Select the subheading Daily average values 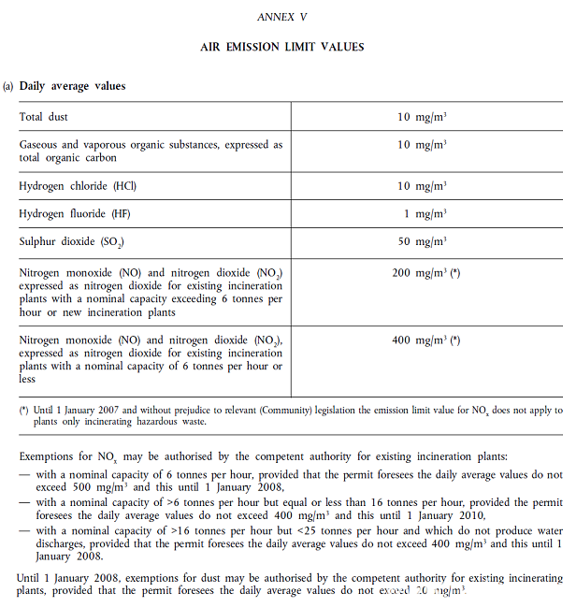(72, 86)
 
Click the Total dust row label (44, 117)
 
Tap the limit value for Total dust (421, 117)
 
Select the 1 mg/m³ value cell (425, 214)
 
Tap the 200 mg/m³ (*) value (425, 273)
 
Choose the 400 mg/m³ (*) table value (425, 340)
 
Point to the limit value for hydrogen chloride (421, 186)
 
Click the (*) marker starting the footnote (24, 411)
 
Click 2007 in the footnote (98, 411)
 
